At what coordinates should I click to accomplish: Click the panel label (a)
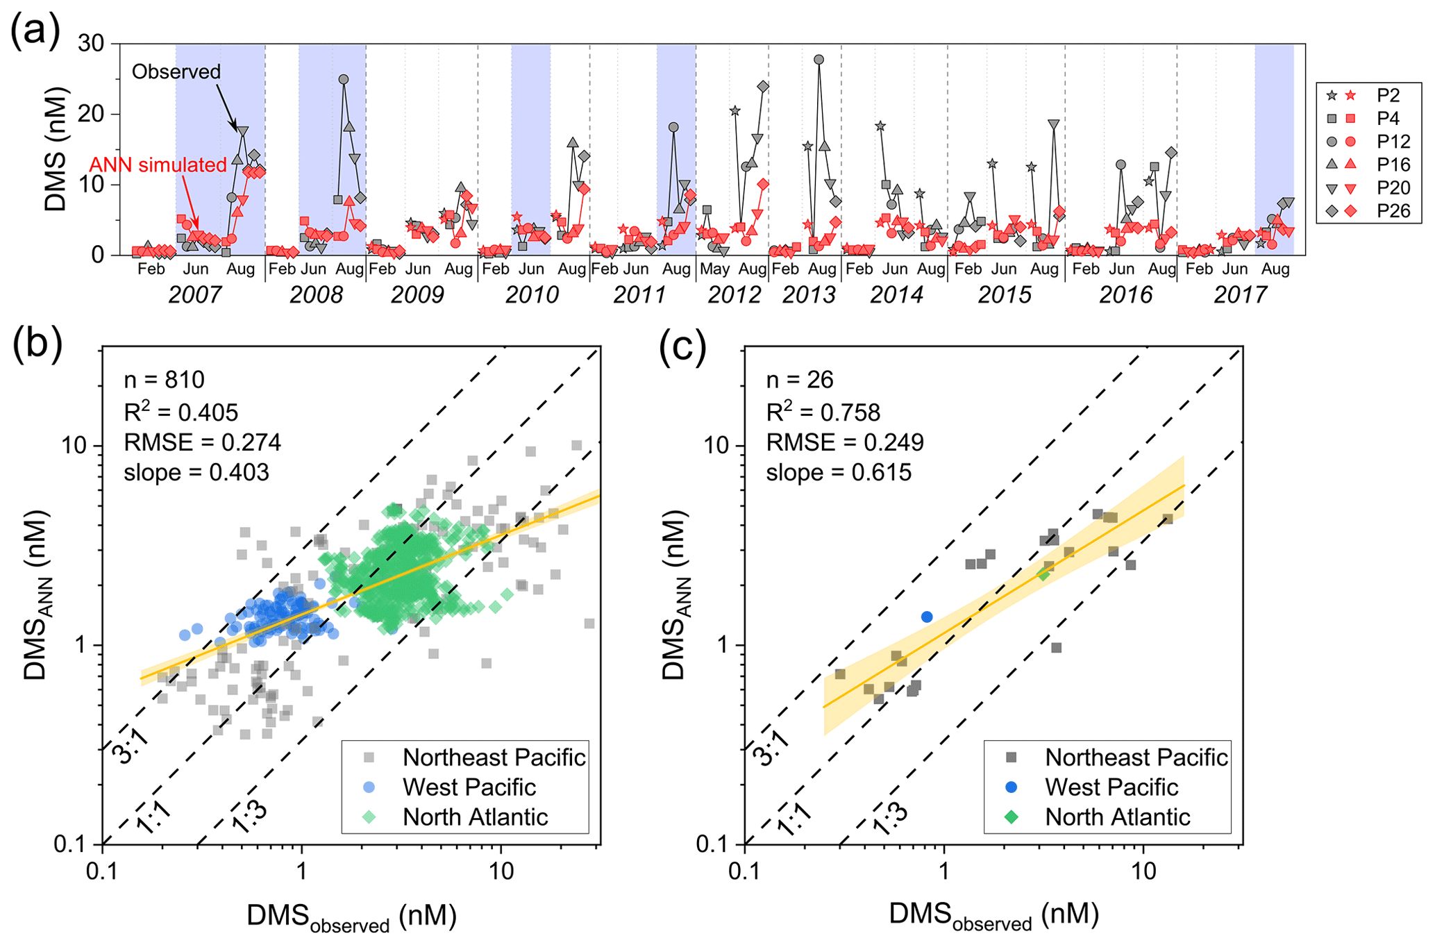tap(35, 32)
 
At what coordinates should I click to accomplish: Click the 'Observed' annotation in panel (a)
tap(176, 72)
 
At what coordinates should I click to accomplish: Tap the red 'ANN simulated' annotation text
tap(158, 165)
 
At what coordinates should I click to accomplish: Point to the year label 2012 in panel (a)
tap(734, 294)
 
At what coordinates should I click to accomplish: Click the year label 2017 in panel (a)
tap(1240, 294)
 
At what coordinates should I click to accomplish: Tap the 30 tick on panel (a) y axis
tap(90, 44)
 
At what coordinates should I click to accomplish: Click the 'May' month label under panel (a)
tap(714, 269)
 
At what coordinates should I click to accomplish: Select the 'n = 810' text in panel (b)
tap(164, 380)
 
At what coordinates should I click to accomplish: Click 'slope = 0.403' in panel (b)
tap(196, 473)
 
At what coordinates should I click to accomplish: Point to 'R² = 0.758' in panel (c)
tap(823, 412)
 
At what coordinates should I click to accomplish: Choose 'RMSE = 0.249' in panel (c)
tap(845, 443)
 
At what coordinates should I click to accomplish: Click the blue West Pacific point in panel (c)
tap(927, 617)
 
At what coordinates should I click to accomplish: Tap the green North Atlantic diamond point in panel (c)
tap(1043, 574)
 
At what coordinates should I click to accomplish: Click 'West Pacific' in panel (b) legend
tap(469, 787)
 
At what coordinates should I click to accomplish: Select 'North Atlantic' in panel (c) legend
tap(1118, 817)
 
